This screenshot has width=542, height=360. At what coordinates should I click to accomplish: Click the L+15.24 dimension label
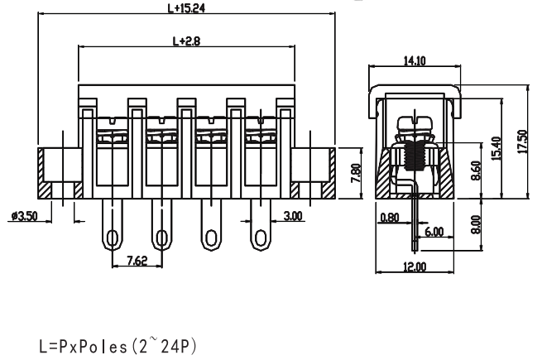point(185,9)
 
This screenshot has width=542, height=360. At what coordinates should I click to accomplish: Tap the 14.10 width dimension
point(415,60)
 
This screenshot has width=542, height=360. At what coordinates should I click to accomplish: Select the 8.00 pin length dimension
point(474,224)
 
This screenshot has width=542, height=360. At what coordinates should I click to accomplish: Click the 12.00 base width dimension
point(415,266)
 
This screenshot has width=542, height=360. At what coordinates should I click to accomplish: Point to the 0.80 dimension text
point(389,218)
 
